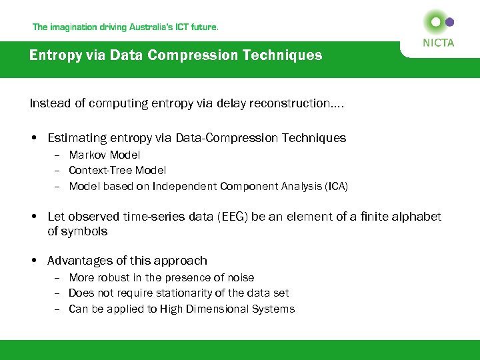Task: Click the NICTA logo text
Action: pos(438,43)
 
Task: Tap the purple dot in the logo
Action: pos(449,22)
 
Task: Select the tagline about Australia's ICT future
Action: pos(125,27)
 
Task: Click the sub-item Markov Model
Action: pos(105,155)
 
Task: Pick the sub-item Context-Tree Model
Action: pos(117,171)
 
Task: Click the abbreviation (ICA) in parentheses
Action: pos(335,187)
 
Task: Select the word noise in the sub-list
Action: pos(240,277)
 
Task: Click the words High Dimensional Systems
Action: pos(227,309)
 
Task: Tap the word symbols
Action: pos(84,232)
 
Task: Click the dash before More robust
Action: pos(57,277)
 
